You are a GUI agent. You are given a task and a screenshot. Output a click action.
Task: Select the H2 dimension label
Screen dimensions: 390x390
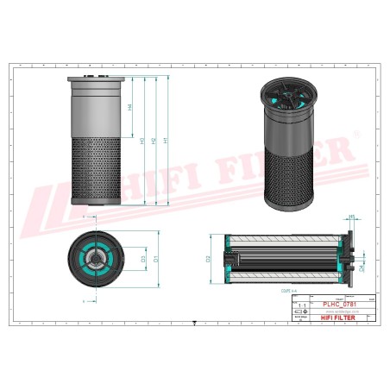[154, 140]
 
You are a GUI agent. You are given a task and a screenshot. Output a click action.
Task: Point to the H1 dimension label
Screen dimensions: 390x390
[165, 140]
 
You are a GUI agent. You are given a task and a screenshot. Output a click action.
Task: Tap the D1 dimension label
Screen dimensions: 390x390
[156, 257]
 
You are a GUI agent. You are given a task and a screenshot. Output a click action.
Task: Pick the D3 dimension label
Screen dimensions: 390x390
[143, 257]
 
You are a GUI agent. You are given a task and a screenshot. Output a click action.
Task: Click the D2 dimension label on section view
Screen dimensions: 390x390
[210, 258]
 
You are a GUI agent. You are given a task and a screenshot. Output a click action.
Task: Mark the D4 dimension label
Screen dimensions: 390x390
[362, 267]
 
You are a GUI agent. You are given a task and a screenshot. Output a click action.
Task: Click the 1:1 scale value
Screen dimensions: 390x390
[301, 306]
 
